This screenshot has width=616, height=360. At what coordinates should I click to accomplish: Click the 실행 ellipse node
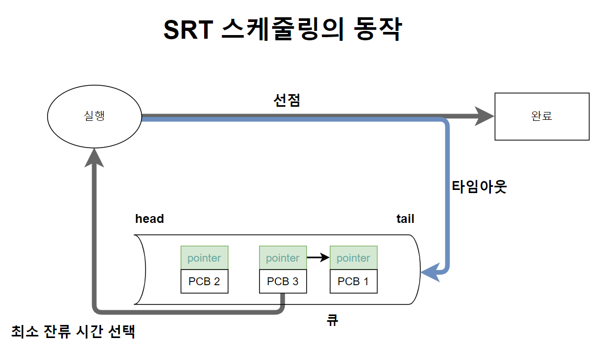click(x=94, y=116)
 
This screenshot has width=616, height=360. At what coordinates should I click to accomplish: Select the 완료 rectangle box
click(x=542, y=116)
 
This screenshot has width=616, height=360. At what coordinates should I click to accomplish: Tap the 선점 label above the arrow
click(x=287, y=100)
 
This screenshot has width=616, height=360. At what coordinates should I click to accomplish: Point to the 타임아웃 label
click(x=479, y=187)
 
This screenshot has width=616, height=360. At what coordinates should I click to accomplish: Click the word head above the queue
click(x=149, y=219)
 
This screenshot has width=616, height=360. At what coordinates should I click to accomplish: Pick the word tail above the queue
click(x=405, y=219)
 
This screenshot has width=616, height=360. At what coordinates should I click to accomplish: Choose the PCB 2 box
click(x=204, y=282)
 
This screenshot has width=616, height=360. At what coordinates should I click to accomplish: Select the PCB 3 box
click(x=283, y=282)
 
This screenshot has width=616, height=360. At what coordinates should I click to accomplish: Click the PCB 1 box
click(x=353, y=282)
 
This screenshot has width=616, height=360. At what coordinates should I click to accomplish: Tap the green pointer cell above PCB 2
click(x=204, y=258)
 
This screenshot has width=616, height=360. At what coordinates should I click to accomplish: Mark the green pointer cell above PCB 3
click(x=283, y=258)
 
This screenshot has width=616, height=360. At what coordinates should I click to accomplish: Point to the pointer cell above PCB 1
click(x=353, y=258)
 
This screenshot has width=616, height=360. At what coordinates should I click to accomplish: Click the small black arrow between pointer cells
click(x=318, y=258)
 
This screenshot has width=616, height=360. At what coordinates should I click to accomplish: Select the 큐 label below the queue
click(x=332, y=320)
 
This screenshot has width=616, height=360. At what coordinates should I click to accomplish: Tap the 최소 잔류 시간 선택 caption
click(x=73, y=331)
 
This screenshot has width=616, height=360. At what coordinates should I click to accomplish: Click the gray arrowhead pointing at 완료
click(x=484, y=116)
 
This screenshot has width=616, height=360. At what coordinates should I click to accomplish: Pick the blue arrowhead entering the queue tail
click(x=430, y=272)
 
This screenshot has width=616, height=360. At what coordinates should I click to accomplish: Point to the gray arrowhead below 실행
click(x=94, y=157)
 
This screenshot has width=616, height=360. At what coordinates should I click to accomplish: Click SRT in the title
click(x=187, y=30)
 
